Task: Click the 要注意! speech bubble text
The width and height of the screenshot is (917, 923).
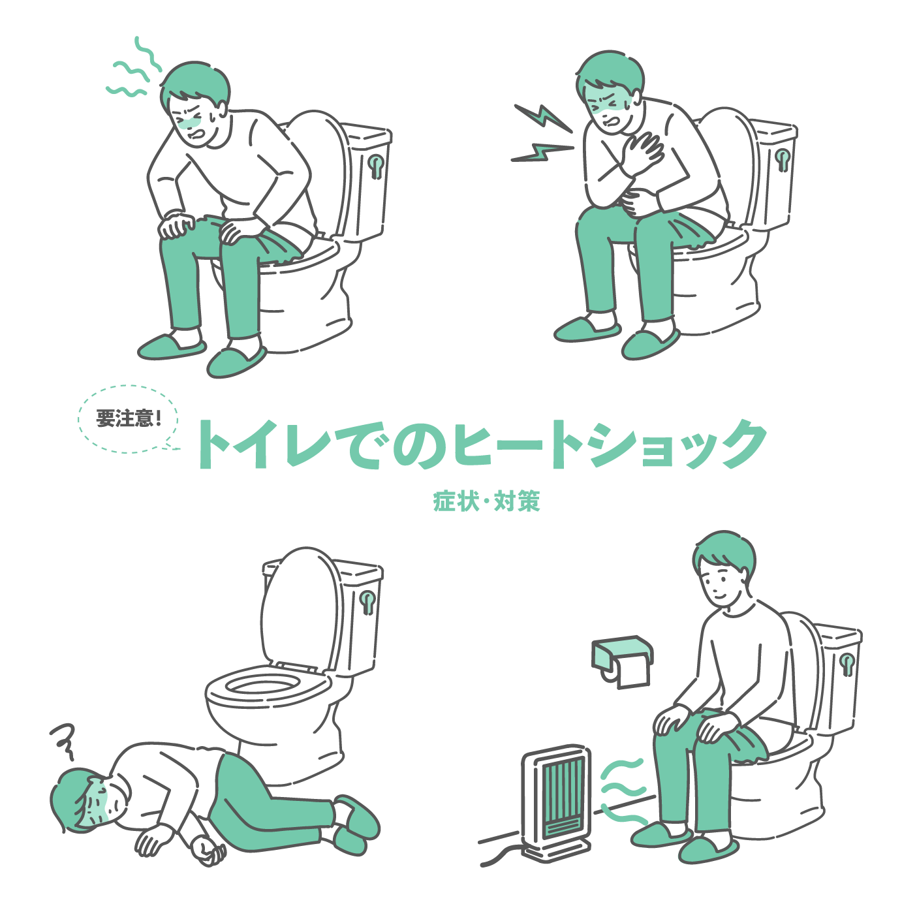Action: click(x=129, y=418)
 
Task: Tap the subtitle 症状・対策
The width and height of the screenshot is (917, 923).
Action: click(x=486, y=501)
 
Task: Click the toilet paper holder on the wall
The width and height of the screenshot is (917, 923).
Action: click(x=623, y=661)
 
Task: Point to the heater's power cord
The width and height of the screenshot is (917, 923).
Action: click(x=501, y=856)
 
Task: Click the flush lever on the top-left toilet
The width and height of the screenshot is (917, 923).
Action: click(x=376, y=166)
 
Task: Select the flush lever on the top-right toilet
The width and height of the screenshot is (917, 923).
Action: click(x=782, y=159)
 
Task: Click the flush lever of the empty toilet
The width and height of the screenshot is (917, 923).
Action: click(x=367, y=602)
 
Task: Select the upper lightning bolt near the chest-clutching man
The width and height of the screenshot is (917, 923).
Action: click(x=543, y=117)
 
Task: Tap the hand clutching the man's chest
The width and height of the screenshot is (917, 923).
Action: click(x=642, y=151)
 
